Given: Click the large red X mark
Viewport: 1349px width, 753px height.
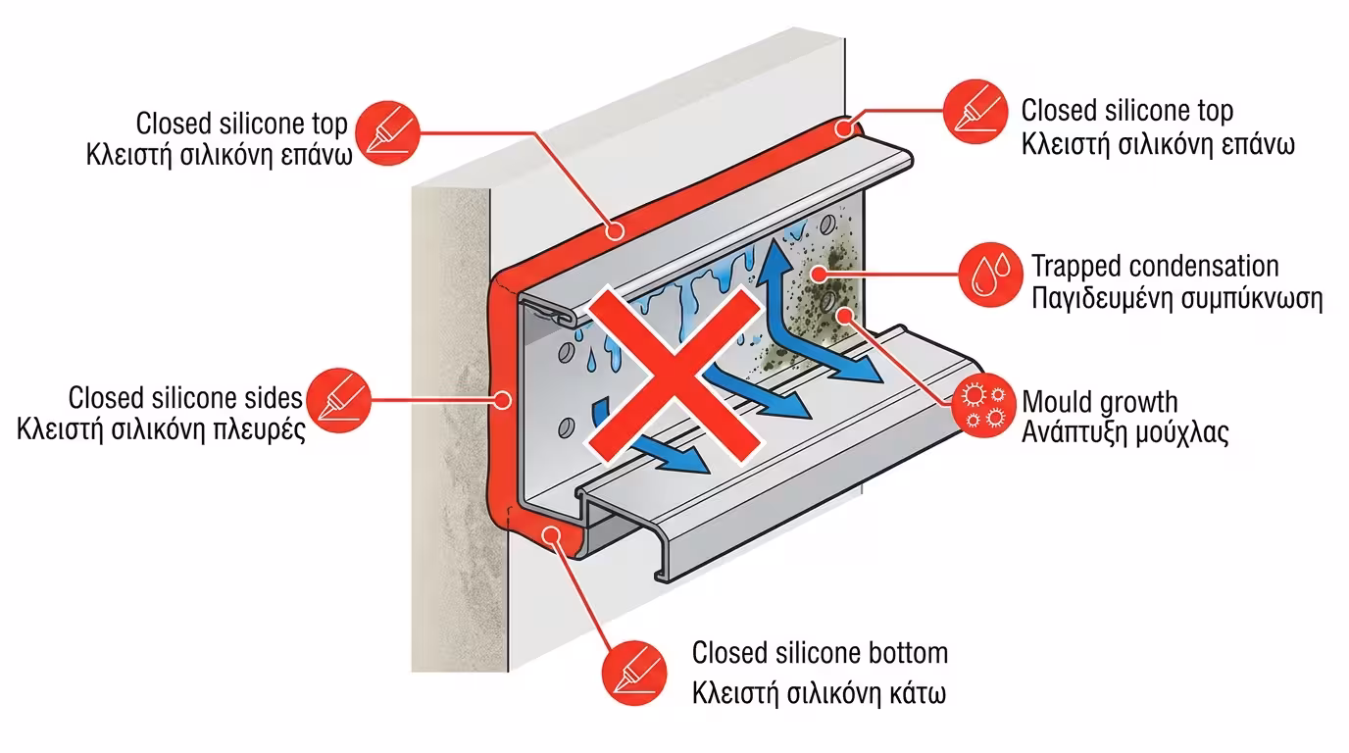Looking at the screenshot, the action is pos(674,375).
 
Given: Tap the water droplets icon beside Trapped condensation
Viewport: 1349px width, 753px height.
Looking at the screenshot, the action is pos(990,275).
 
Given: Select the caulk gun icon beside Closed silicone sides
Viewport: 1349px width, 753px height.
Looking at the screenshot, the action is pos(339,401).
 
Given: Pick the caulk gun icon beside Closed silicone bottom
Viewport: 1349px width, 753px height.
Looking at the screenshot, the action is pos(634,674).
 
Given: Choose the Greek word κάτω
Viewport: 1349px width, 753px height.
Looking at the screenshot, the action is pos(918,693).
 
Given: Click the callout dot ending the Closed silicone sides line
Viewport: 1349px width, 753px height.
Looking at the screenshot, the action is pos(503,400).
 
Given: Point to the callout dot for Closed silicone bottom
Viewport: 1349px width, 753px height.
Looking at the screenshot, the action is pos(551,534).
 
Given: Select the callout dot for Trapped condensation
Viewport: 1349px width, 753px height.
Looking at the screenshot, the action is pos(819,275).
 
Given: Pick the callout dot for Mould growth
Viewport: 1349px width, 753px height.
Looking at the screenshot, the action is pos(846,315).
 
